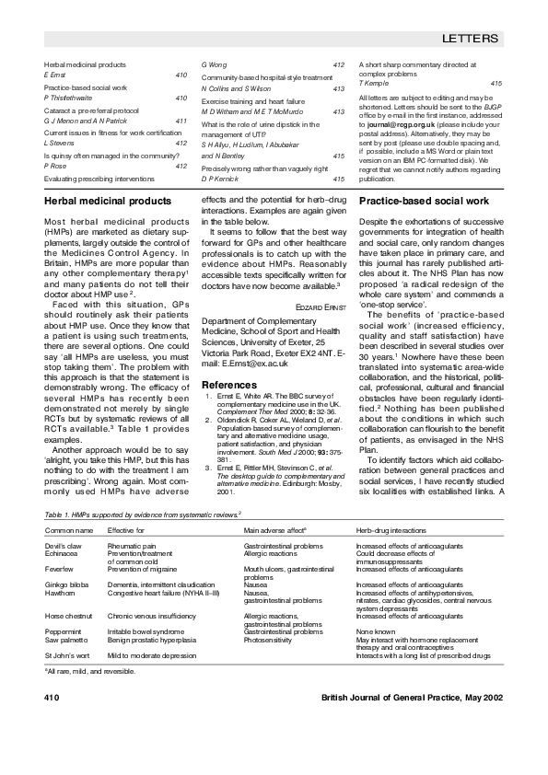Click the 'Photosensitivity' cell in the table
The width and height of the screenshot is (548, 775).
coord(269,640)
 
